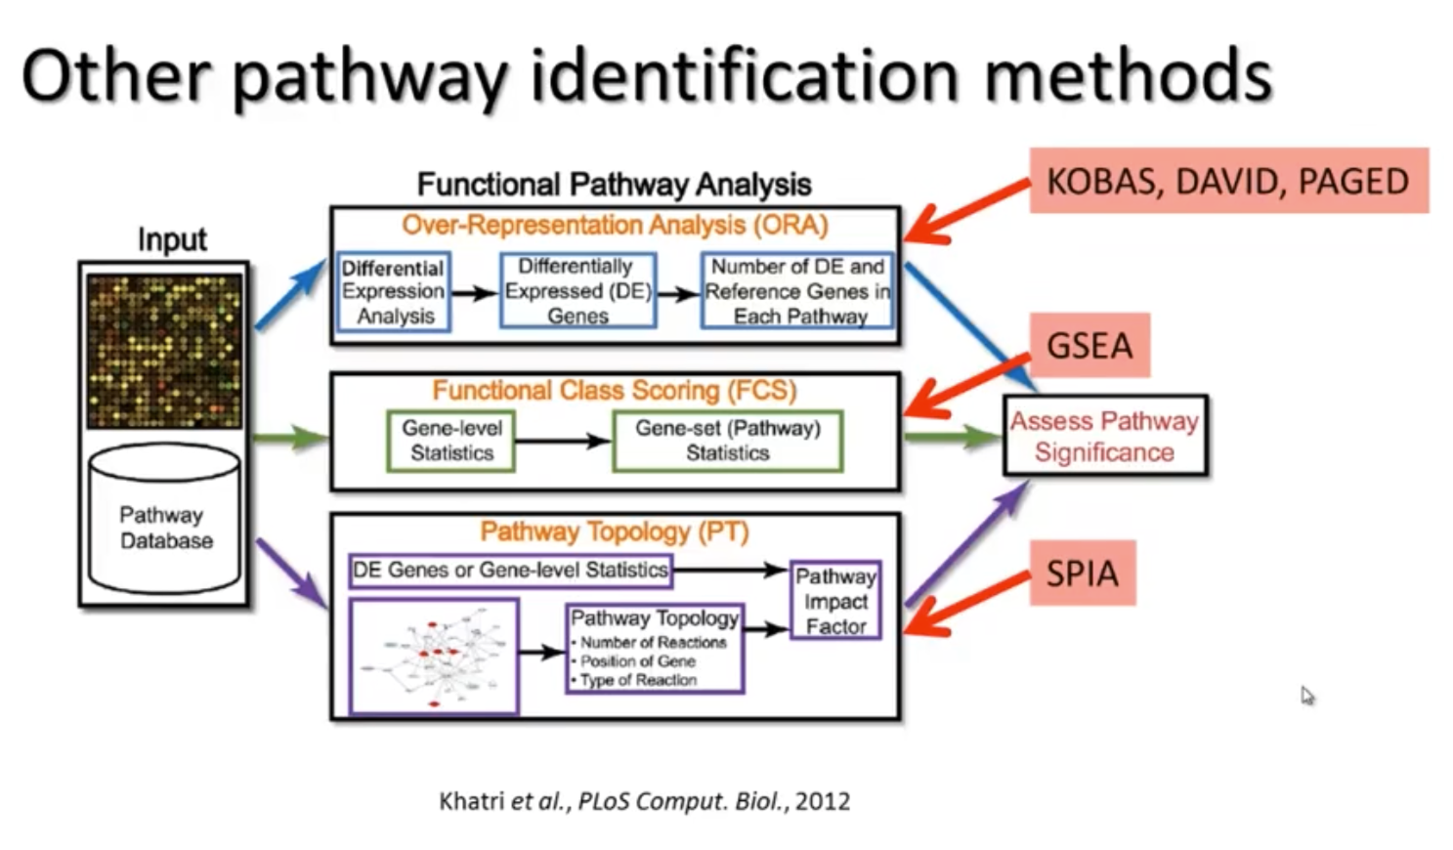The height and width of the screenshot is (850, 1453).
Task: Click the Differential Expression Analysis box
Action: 394,291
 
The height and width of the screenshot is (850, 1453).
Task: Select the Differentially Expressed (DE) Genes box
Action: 577,291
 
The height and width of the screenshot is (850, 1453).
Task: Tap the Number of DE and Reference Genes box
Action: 797,291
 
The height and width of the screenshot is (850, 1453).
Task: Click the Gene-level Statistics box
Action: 451,441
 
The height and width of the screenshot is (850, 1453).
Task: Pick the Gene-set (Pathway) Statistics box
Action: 727,441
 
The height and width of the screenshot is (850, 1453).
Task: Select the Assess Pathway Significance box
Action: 1105,436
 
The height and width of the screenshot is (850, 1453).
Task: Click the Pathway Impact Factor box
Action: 835,601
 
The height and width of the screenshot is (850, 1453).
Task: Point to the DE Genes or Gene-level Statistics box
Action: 510,570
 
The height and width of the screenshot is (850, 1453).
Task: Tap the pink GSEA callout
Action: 1090,345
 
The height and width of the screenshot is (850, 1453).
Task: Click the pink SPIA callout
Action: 1083,573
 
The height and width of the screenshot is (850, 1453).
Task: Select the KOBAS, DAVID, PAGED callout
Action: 1227,181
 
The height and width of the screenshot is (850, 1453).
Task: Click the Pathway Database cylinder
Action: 164,522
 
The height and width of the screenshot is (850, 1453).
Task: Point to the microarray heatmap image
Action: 164,350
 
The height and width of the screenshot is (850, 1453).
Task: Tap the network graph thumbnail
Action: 434,657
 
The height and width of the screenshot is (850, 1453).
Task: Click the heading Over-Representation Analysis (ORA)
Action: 615,225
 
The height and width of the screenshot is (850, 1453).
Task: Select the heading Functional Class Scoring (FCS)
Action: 615,391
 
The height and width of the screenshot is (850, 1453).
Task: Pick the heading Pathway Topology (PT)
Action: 615,531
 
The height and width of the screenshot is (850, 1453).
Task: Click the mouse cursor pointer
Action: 1306,695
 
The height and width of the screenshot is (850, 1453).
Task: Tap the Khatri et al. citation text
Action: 644,801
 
